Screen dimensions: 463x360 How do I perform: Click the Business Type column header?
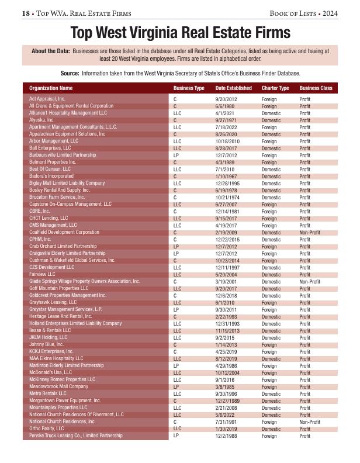tap(188, 88)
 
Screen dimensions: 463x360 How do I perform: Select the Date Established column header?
tap(233, 88)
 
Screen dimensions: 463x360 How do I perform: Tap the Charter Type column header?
tap(275, 88)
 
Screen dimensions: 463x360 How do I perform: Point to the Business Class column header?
tap(316, 88)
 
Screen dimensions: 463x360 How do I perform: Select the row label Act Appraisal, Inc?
tap(47, 99)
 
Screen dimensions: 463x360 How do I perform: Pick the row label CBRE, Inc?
tap(40, 211)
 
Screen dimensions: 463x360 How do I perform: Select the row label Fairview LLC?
tap(42, 274)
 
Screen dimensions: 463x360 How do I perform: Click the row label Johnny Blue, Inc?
tap(47, 344)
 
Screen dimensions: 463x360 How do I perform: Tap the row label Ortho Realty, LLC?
tap(47, 429)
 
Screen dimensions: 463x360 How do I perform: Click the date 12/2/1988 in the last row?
tap(226, 436)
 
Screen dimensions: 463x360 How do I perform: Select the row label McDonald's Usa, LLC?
tap(50, 372)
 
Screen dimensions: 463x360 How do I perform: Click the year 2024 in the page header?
tap(329, 13)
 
